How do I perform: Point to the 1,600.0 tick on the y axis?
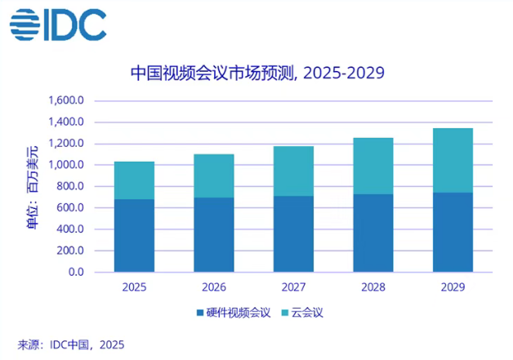click(x=68, y=101)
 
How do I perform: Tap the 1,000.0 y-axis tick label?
click(x=68, y=165)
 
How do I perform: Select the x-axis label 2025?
click(x=134, y=287)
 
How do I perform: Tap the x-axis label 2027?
click(x=293, y=287)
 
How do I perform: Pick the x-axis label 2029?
click(x=453, y=287)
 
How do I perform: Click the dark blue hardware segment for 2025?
click(x=134, y=235)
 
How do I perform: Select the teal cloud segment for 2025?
click(x=134, y=180)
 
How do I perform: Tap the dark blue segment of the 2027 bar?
click(x=293, y=233)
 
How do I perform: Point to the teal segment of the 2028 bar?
click(x=373, y=166)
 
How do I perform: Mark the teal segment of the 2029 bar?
click(x=453, y=160)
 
